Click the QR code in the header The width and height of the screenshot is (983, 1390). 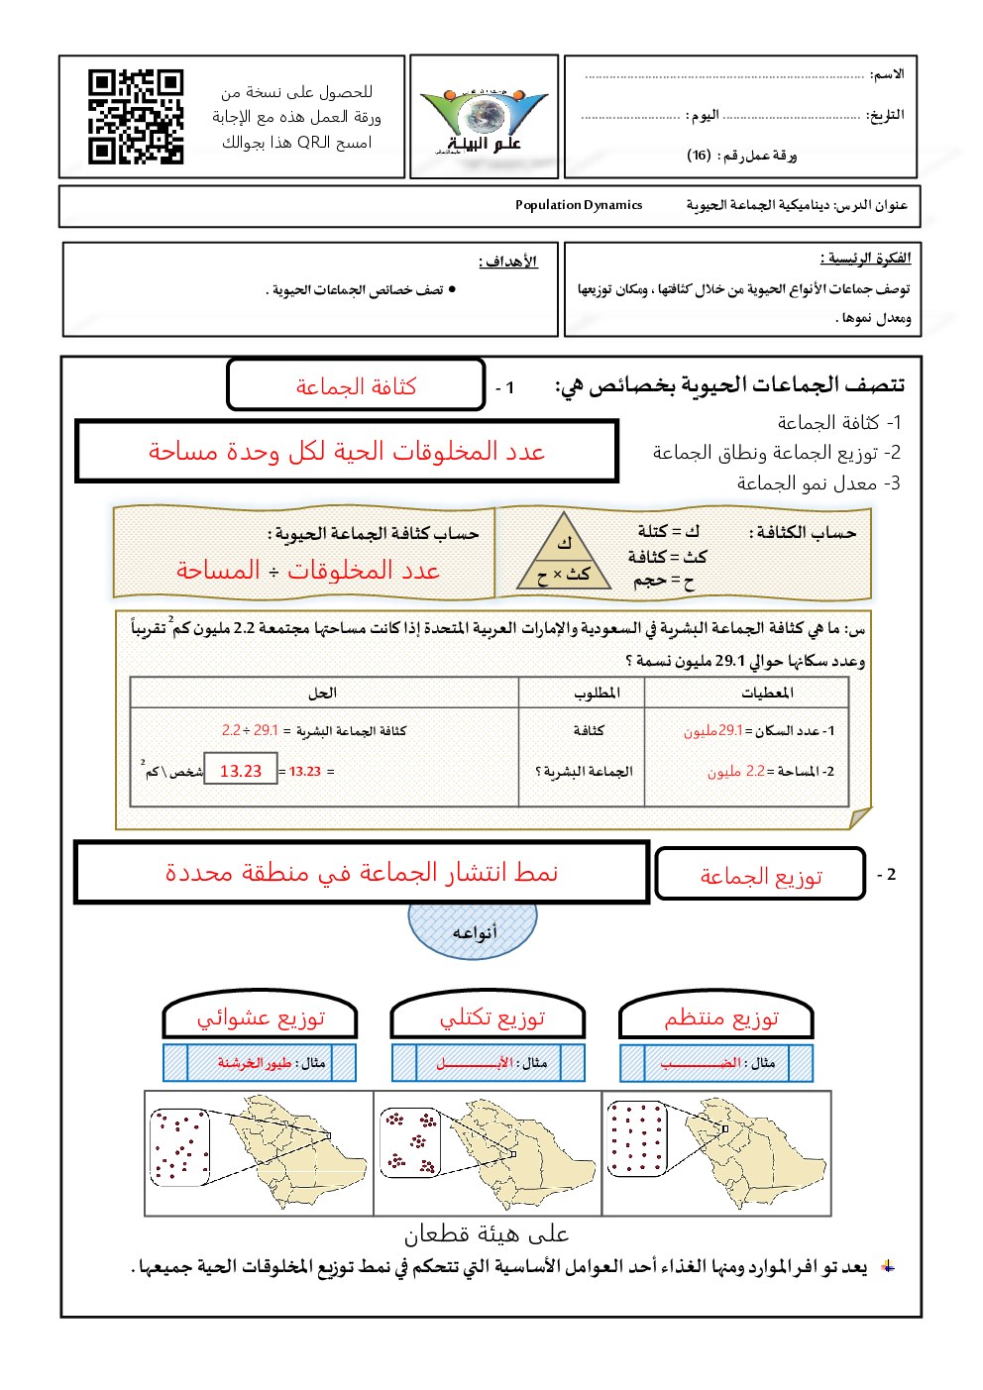point(136,116)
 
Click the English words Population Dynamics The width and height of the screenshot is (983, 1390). point(579,205)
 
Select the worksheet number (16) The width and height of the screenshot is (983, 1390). point(699,155)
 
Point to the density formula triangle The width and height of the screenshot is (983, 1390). point(564,554)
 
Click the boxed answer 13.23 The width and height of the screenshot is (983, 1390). point(241,771)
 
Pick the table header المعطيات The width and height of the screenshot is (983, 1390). point(767,693)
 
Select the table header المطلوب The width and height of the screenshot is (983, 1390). point(597,693)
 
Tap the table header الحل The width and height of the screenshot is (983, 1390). point(322,693)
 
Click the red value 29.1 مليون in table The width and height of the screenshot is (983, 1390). point(713,731)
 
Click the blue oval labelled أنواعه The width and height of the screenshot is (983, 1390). point(473,931)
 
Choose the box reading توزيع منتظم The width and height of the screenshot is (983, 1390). point(720,1018)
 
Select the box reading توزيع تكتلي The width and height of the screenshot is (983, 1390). point(491,1018)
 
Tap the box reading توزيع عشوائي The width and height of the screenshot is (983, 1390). point(261,1018)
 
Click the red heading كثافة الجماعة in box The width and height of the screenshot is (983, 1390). point(356,386)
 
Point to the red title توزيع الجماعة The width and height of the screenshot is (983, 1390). point(760,876)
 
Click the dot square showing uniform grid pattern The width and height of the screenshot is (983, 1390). point(636,1138)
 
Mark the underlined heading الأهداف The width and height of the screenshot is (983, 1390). point(507,262)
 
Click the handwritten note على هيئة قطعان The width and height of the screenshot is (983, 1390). point(486,1234)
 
